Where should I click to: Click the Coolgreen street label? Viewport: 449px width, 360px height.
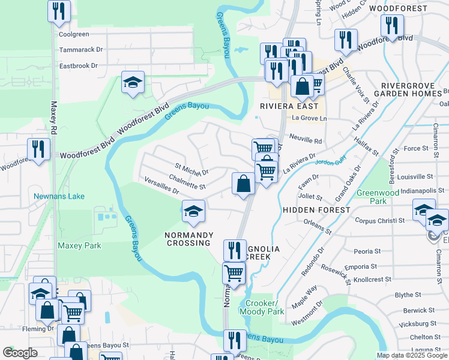[x=74, y=34]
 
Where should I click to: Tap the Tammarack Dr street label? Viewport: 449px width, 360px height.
[x=81, y=50]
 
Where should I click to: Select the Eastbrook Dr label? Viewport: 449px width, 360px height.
[x=78, y=65]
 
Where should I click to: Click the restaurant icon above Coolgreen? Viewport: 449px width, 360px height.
[x=59, y=11]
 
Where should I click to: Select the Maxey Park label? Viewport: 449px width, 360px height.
[x=79, y=245]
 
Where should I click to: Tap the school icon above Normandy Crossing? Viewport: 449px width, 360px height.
[x=194, y=211]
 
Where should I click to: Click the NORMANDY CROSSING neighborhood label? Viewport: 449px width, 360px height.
[x=187, y=239]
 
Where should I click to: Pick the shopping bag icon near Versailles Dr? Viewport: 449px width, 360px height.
[x=243, y=183]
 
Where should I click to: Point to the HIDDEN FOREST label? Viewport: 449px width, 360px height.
[x=316, y=210]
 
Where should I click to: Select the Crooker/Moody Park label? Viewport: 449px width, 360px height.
[x=261, y=308]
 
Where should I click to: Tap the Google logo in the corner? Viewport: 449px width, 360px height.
[x=20, y=353]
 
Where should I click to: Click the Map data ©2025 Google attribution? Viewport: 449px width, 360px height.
[x=411, y=355]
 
